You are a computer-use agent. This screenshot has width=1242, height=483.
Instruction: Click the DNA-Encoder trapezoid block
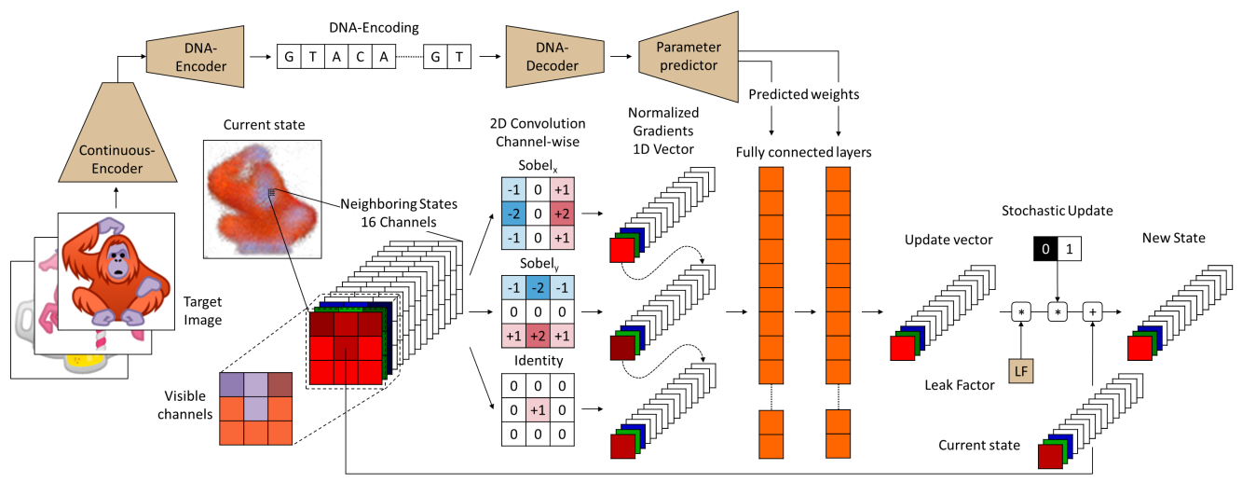click(195, 56)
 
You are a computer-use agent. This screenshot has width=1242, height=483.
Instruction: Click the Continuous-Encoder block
click(116, 159)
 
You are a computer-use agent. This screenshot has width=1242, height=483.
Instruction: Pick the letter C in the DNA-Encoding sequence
click(361, 57)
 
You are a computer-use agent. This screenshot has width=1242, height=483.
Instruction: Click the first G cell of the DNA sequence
click(290, 57)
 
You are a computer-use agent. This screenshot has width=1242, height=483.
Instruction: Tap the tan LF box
click(1022, 372)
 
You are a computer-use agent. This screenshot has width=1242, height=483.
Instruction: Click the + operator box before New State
click(1092, 310)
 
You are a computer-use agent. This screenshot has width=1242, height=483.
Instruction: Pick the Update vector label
click(947, 240)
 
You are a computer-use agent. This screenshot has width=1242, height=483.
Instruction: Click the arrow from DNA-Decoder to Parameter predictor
click(616, 57)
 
